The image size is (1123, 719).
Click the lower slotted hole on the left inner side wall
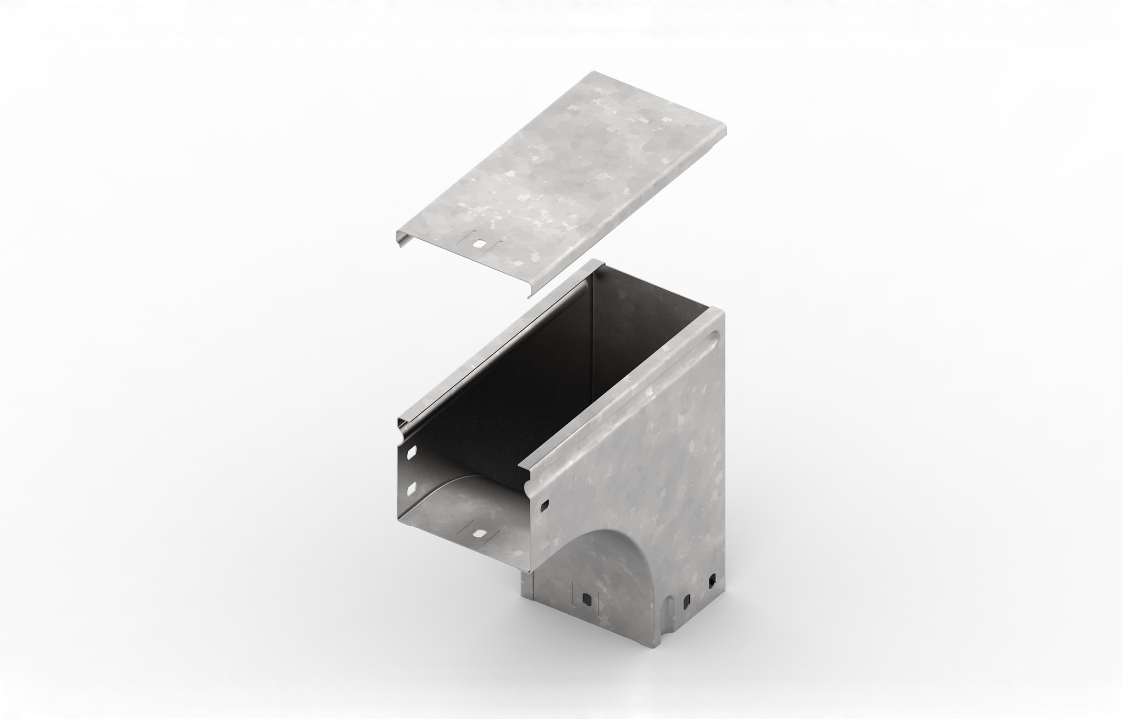[x=411, y=489]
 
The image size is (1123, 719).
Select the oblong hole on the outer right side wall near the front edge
[x=545, y=505]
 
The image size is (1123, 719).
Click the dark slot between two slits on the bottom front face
[x=586, y=599]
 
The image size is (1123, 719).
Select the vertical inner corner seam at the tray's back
[x=593, y=364]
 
